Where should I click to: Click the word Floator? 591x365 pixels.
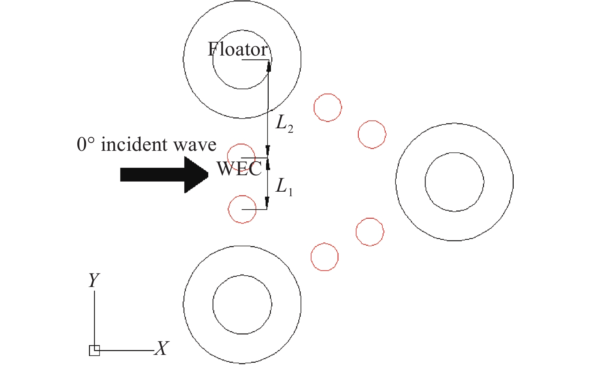[x=238, y=49]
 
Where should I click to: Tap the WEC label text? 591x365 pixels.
[x=239, y=168]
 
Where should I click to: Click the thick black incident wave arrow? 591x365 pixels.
[x=164, y=174]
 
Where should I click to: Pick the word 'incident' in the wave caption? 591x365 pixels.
[x=134, y=144]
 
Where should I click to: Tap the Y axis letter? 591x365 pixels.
[x=94, y=280]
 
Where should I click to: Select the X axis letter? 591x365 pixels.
[x=161, y=348]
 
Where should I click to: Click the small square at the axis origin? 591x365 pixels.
[x=94, y=350]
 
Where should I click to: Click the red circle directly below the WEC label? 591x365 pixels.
[x=229, y=209]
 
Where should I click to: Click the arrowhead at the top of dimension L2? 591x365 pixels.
[x=269, y=66]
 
